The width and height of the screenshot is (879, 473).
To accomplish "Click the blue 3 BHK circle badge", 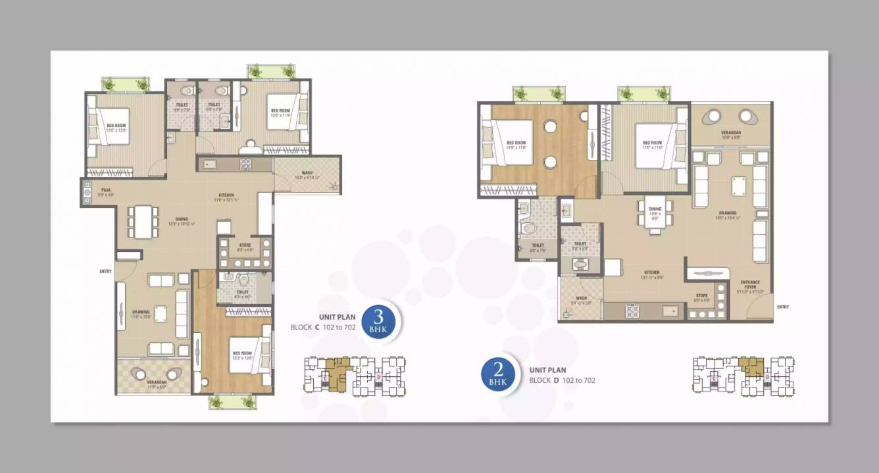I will [378, 322].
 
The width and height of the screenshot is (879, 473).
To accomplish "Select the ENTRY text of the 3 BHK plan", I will [105, 271].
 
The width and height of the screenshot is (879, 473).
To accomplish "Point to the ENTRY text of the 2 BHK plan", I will [782, 307].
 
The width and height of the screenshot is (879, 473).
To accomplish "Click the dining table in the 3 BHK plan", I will [143, 222].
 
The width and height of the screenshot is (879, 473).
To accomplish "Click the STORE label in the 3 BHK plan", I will [244, 245].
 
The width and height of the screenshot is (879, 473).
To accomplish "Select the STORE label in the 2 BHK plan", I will [702, 295].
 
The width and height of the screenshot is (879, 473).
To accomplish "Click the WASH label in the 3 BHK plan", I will [307, 174].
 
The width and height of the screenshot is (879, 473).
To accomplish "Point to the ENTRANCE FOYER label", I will [749, 284].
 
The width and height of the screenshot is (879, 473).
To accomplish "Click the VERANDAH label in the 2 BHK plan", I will [731, 133].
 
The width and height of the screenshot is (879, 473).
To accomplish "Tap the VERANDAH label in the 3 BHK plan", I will [156, 382].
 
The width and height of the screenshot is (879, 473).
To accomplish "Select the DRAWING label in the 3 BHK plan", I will [141, 312].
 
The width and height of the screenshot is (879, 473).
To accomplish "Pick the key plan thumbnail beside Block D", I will [743, 376].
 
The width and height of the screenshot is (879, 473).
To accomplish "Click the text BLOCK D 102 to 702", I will [563, 380].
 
